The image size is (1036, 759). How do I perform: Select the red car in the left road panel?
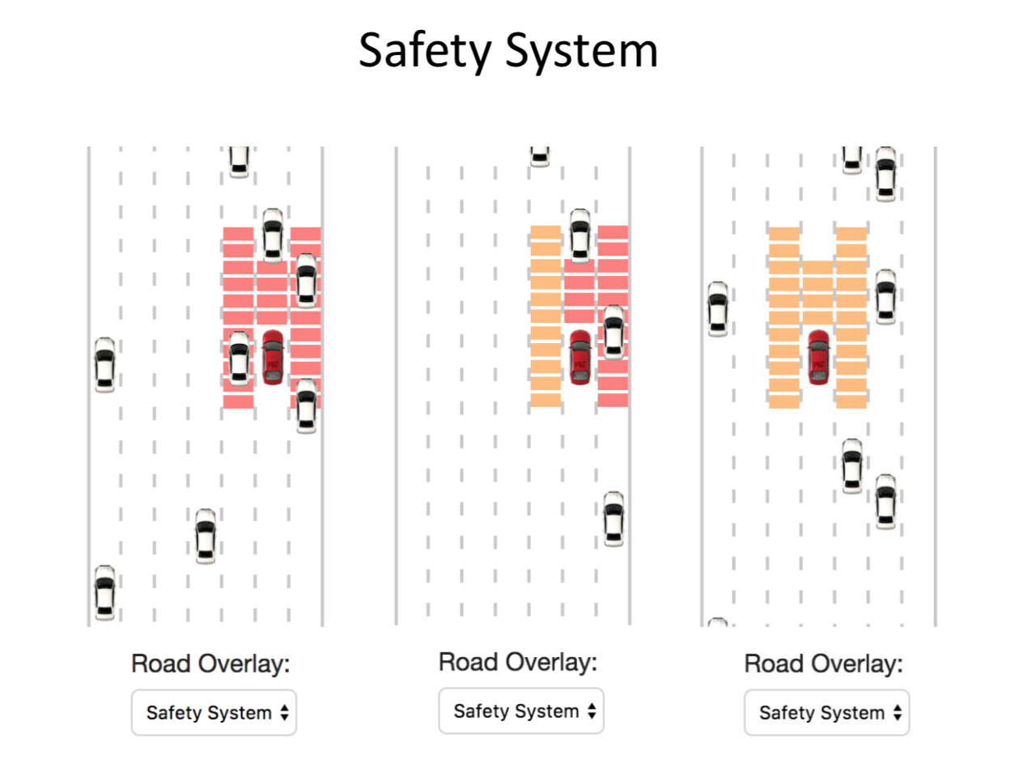coord(273,357)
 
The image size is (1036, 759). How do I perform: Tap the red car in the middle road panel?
coord(580,357)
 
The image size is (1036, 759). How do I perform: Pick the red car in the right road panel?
coord(818,357)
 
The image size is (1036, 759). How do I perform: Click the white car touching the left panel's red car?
coord(239,358)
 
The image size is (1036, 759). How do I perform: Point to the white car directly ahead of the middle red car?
coord(580,235)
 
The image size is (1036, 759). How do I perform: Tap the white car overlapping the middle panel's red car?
coord(614,332)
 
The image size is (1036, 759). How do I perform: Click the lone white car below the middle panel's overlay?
coord(614,519)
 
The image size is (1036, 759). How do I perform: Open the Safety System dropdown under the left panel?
coord(214,713)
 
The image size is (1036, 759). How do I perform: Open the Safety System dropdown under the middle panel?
coord(521,711)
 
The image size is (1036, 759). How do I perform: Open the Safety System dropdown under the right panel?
coord(826,713)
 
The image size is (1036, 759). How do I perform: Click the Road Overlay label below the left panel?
coord(210,664)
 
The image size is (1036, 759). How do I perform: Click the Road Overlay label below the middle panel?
coord(518,662)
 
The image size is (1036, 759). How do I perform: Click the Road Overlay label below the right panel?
coord(823,664)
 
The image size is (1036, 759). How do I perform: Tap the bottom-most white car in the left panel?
coord(104,592)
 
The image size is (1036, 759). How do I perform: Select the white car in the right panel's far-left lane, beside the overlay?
coord(717,308)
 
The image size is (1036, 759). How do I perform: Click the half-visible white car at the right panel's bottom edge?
coord(717,623)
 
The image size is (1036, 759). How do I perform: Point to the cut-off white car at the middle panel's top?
coord(540,156)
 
